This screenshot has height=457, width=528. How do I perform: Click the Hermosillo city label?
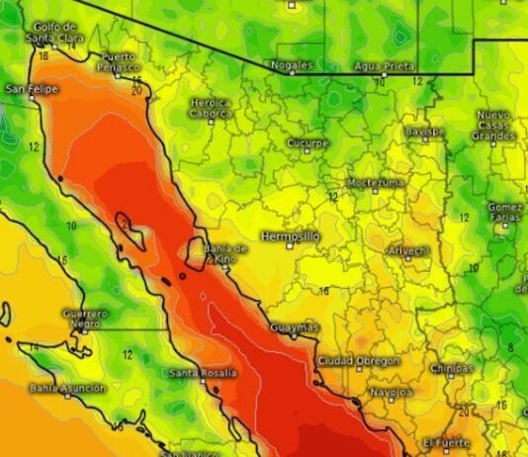pos(291,236)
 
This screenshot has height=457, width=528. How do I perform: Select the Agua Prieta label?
pos(384,65)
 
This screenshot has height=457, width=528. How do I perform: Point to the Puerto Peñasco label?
pos(120,62)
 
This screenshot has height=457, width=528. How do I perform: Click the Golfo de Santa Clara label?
pos(53,33)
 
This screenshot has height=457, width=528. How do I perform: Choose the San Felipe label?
pos(33,89)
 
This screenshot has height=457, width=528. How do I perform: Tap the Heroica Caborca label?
pos(211,108)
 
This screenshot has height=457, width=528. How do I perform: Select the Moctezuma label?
pos(376,183)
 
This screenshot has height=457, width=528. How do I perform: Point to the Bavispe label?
pos(424,132)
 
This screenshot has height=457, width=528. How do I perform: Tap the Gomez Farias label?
pos(505,213)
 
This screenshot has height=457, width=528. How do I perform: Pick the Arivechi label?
pos(408,251)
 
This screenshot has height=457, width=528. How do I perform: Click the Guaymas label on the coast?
pos(295,327)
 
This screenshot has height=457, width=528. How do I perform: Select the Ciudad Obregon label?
pos(359,360)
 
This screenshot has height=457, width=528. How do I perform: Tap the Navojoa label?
pos(390,391)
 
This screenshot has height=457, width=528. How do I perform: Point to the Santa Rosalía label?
pos(203,373)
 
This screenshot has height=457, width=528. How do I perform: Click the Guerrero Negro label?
pos(83,319)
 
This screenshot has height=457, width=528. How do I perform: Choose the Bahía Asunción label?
pos(67,389)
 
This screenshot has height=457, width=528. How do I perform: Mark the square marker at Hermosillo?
pos(291,247)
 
